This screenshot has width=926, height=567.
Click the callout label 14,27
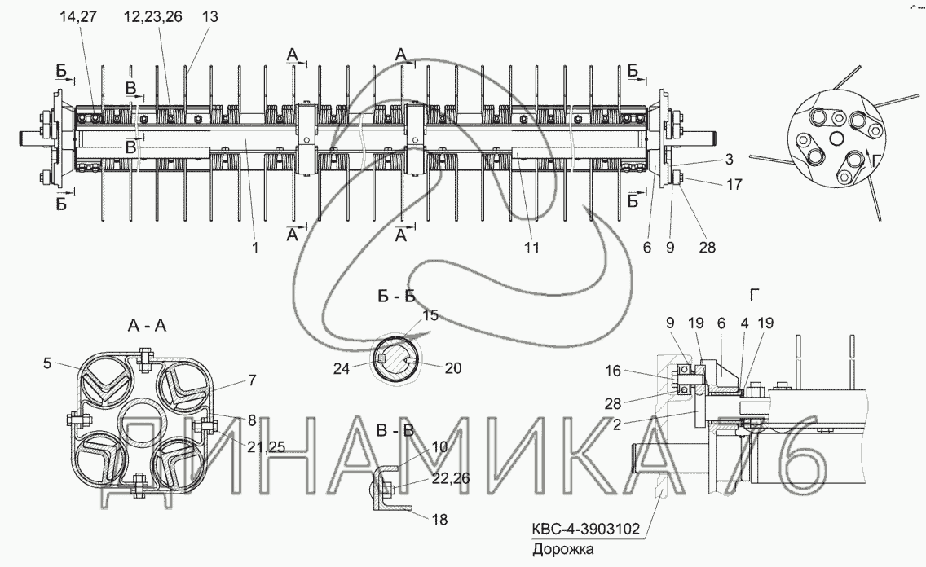78,17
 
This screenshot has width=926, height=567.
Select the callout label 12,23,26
153,17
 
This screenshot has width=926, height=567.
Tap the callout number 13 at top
210,17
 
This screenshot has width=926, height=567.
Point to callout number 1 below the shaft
255,248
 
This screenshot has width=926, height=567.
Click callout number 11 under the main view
532,248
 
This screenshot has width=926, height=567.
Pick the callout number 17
734,185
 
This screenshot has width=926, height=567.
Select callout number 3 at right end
730,160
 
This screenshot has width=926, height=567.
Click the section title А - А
147,325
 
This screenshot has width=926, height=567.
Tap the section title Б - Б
397,296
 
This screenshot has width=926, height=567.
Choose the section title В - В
396,430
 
